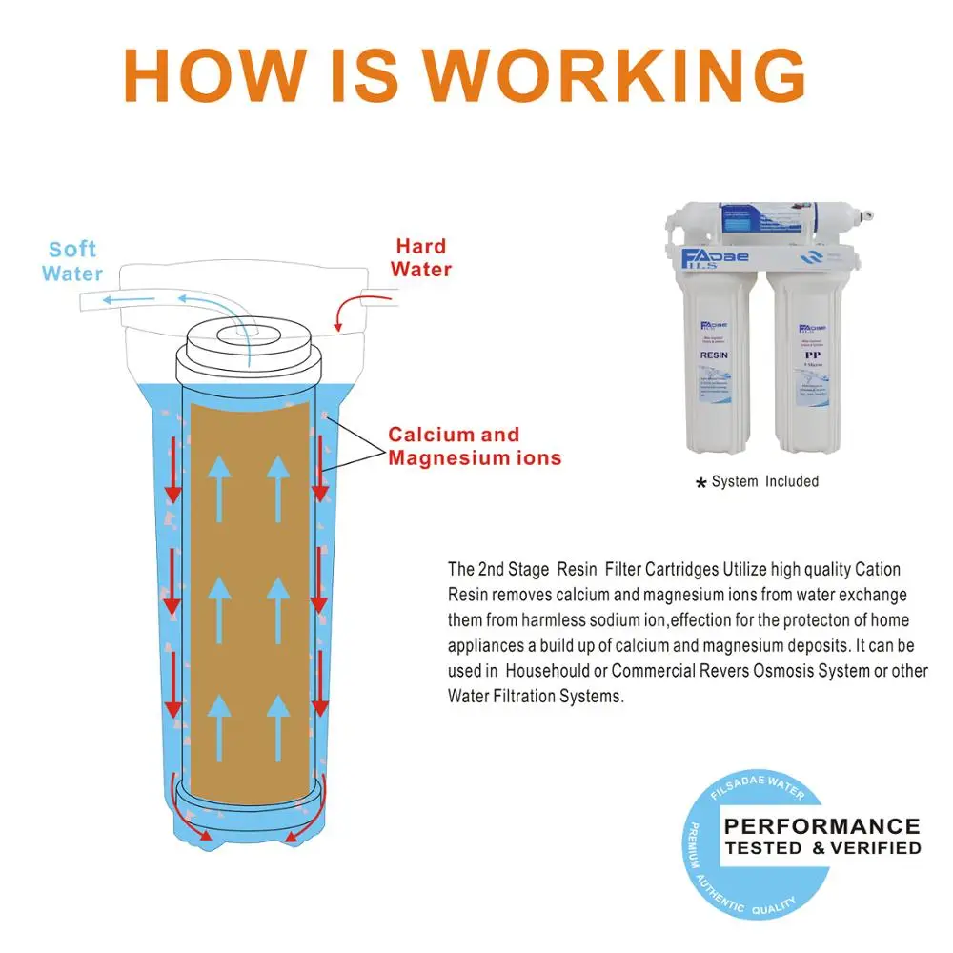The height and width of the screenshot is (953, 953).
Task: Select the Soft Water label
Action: coord(72,260)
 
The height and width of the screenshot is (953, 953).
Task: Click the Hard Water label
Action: coord(420,257)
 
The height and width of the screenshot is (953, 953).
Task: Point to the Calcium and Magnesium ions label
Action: coord(474,446)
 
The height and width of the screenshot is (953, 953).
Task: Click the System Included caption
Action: coord(764,481)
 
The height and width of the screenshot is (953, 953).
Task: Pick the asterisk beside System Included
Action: coord(701,483)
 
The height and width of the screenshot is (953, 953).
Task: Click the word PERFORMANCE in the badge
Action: coord(821,826)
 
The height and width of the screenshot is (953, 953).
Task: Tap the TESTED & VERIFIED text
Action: coord(822,847)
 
